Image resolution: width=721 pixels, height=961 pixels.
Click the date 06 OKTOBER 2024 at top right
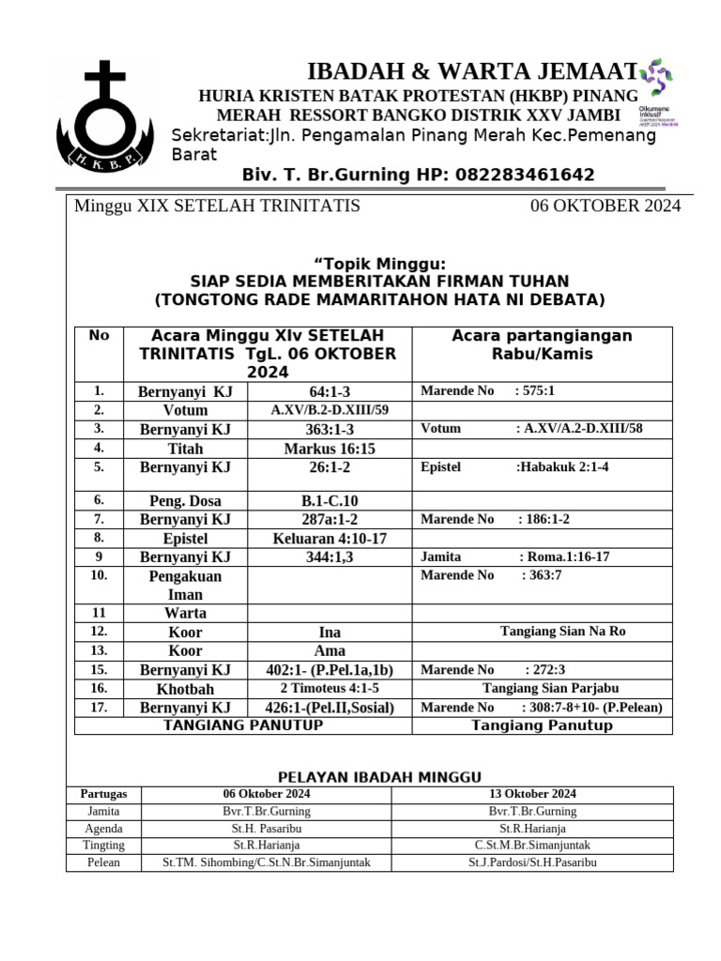pos(606,206)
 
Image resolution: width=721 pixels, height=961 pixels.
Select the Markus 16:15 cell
pos(329,449)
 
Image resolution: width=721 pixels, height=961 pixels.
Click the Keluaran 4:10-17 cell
pos(329,539)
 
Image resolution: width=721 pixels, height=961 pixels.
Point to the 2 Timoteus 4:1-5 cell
pos(329,689)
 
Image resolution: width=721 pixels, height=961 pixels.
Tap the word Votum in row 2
pos(185,410)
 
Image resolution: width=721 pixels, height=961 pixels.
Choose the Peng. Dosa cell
pos(185,501)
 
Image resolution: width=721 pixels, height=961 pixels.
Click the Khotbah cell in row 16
pos(185,689)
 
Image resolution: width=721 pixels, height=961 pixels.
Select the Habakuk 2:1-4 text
pos(561,467)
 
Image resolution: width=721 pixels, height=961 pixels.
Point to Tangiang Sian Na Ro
pos(562,632)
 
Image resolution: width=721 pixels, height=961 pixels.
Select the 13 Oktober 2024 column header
pos(532,794)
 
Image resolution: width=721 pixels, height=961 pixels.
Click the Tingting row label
pos(103,846)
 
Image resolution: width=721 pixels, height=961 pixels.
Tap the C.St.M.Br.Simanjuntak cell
pos(532,846)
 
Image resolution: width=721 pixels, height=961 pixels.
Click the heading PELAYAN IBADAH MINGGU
pos(379,777)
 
